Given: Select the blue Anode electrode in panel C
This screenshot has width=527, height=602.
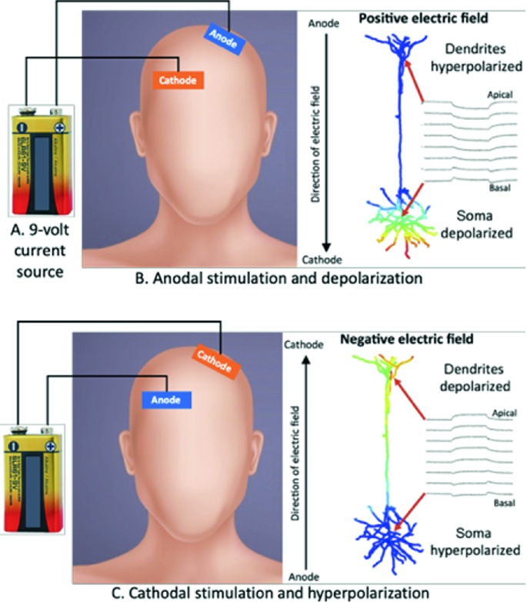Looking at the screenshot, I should click(x=167, y=399).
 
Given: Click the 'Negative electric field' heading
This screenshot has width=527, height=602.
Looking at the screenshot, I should click(x=407, y=338).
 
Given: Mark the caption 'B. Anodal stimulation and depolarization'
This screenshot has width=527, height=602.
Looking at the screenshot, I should click(x=279, y=278).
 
